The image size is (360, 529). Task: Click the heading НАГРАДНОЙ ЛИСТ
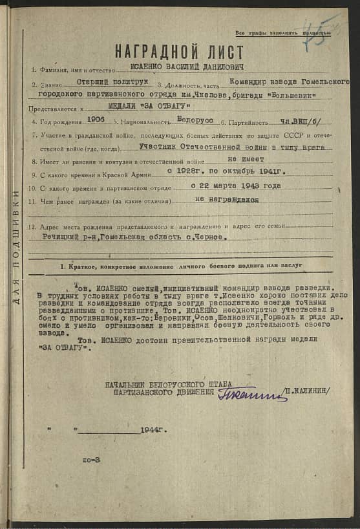(179, 52)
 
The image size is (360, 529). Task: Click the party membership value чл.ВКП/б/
(301, 121)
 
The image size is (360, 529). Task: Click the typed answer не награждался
(226, 200)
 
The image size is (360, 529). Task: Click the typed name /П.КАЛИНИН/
(309, 391)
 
